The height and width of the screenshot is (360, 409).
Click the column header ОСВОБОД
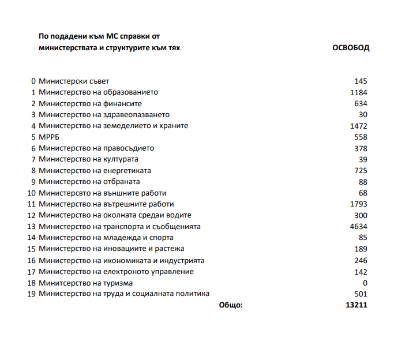pos(351,48)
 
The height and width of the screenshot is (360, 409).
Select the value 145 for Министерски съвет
pos(361,81)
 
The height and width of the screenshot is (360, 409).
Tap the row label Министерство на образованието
pos(98,92)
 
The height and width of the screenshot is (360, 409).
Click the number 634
pos(361,104)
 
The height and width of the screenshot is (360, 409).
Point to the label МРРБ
pos(49,137)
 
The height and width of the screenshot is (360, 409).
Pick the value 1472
pos(359,126)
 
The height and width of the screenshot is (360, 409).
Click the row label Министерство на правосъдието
pos(96,148)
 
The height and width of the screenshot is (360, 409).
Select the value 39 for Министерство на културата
pos(363,159)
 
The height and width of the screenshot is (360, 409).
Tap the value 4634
pos(359,227)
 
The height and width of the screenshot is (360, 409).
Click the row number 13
pos(32,227)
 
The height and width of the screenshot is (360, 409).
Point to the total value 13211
pos(357,305)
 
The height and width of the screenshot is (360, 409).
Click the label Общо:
pos(231,305)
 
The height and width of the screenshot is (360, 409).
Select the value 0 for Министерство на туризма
pos(365,283)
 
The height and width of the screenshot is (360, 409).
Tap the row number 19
pos(32,294)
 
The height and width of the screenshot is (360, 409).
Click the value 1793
pos(359,204)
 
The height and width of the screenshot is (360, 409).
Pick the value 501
pos(361,294)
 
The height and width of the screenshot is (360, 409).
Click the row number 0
pos(33,81)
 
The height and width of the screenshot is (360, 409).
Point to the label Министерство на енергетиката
pos(95,171)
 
